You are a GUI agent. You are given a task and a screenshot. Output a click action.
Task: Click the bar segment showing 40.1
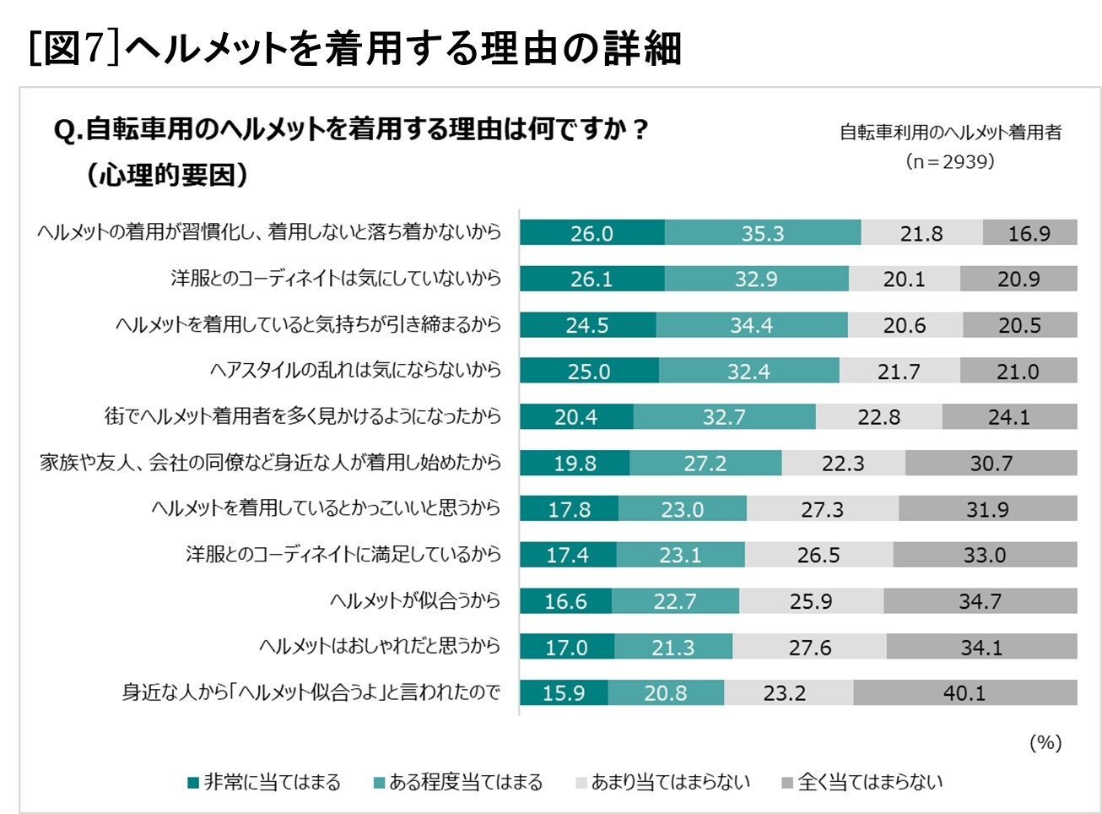pyautogui.click(x=964, y=692)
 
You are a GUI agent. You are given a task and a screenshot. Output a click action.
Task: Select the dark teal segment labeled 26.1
pyautogui.click(x=592, y=279)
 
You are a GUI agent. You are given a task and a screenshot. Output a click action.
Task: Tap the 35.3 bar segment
pyautogui.click(x=762, y=233)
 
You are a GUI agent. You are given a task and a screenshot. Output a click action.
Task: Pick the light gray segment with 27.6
pyautogui.click(x=809, y=647)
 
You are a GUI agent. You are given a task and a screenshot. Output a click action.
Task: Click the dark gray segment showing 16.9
pyautogui.click(x=1029, y=233)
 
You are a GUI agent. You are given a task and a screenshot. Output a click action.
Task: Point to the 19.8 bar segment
pyautogui.click(x=575, y=463)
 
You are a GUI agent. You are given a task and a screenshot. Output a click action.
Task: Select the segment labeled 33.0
pyautogui.click(x=985, y=555)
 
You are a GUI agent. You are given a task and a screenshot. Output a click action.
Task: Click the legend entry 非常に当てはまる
pyautogui.click(x=264, y=783)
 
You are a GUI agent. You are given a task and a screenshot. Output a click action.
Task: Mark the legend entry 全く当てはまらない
pyautogui.click(x=862, y=783)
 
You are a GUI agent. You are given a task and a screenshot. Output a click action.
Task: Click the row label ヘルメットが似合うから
pyautogui.click(x=414, y=600)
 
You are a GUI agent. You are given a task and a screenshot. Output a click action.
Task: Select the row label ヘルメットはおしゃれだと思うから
pyautogui.click(x=379, y=646)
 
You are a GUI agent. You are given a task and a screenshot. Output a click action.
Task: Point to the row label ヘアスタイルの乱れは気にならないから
pyautogui.click(x=355, y=370)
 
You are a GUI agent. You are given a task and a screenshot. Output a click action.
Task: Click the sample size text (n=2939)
pyautogui.click(x=949, y=161)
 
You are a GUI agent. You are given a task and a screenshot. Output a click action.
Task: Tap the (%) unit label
pyautogui.click(x=1045, y=742)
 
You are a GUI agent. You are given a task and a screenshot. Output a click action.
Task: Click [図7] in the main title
pyautogui.click(x=75, y=48)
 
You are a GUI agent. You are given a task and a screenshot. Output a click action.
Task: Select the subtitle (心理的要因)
pyautogui.click(x=167, y=175)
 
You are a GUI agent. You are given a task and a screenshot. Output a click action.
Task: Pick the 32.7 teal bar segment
pyautogui.click(x=724, y=416)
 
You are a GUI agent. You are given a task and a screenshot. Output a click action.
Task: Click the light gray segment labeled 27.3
pyautogui.click(x=822, y=508)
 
